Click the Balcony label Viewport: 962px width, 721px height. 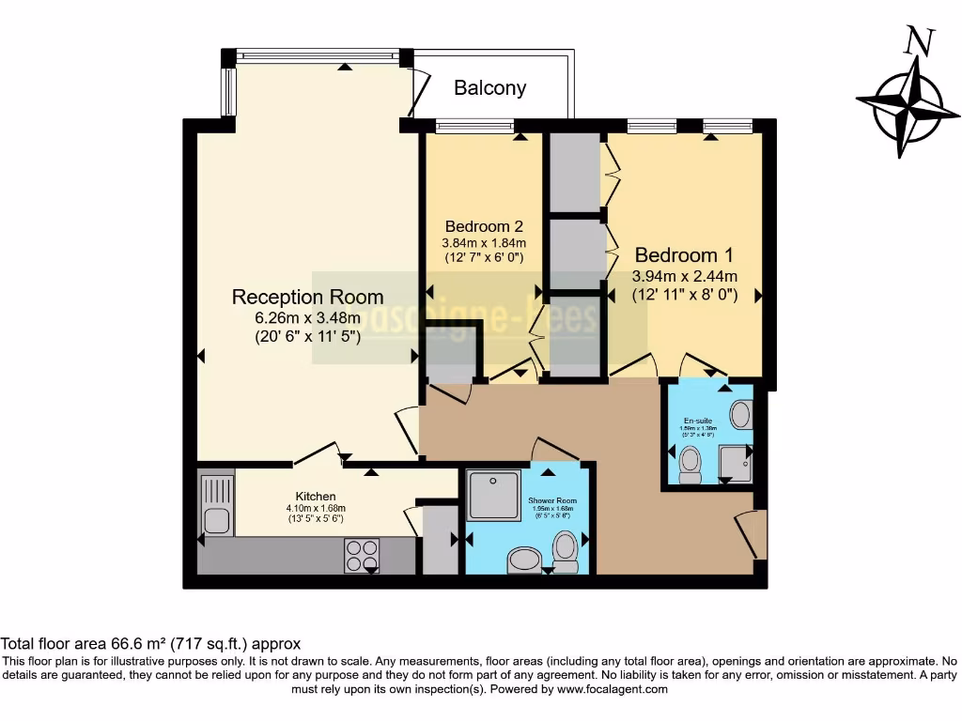pyautogui.click(x=489, y=88)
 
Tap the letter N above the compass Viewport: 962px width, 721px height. pyautogui.click(x=918, y=40)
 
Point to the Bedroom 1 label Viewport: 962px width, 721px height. pyautogui.click(x=683, y=255)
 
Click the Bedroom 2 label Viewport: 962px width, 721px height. pyautogui.click(x=484, y=226)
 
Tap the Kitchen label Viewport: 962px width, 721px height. pyautogui.click(x=316, y=496)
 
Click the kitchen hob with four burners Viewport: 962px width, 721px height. pyautogui.click(x=362, y=554)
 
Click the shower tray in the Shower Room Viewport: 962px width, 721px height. pyautogui.click(x=493, y=495)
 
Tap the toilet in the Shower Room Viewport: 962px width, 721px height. pyautogui.click(x=566, y=550)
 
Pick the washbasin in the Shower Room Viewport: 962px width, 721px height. pyautogui.click(x=523, y=560)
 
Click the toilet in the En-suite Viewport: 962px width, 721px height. pyautogui.click(x=690, y=464)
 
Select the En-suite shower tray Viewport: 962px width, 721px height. pyautogui.click(x=735, y=464)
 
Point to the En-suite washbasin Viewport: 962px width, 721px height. pyautogui.click(x=740, y=414)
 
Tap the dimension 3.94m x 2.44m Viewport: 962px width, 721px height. pyautogui.click(x=684, y=276)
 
